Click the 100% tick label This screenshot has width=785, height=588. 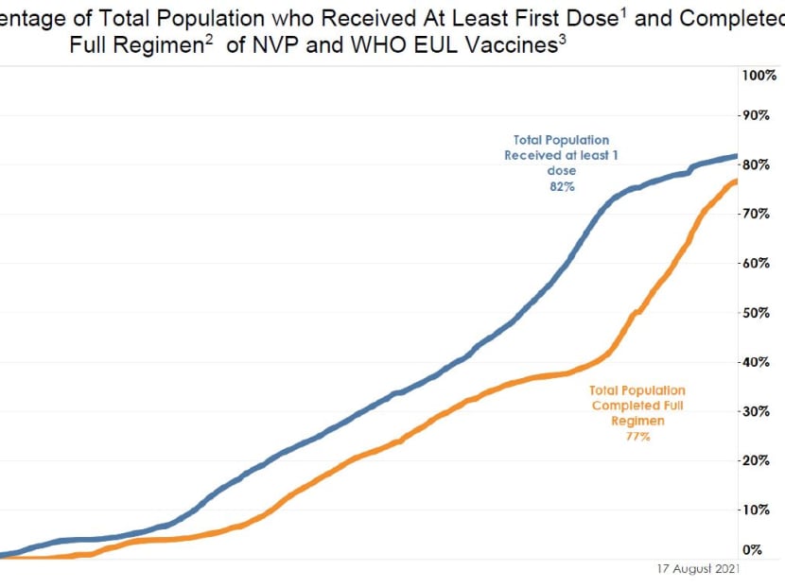coord(758,75)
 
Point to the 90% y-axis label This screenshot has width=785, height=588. coord(758,116)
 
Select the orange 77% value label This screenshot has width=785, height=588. coord(637,437)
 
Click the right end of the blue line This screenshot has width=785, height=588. coord(737,156)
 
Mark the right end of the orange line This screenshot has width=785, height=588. coord(737,181)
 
